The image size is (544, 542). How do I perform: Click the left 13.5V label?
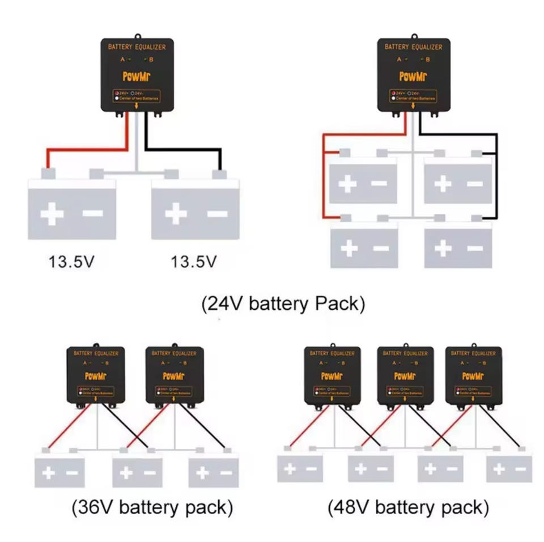(x=71, y=262)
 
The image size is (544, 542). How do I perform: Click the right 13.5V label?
(x=194, y=262)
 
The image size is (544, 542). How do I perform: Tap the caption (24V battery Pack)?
(x=283, y=304)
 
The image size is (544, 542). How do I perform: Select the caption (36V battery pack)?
(x=152, y=506)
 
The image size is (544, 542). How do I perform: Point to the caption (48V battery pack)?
(x=408, y=506)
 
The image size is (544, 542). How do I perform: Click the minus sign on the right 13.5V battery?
(x=218, y=214)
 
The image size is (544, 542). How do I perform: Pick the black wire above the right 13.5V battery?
(x=181, y=150)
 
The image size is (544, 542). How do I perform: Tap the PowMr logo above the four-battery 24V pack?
(x=413, y=76)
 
